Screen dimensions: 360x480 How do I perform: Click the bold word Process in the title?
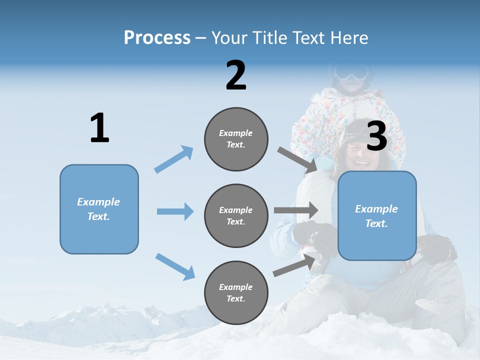tap(157, 38)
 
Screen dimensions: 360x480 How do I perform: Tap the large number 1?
tap(99, 128)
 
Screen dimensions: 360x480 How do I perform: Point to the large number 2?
tap(236, 75)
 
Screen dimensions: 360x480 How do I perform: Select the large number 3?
tap(376, 136)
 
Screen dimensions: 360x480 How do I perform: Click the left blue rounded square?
tap(99, 209)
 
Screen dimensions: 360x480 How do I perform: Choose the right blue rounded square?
tap(377, 215)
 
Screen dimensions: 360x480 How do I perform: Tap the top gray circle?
tap(236, 138)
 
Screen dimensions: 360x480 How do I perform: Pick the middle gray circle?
tap(236, 215)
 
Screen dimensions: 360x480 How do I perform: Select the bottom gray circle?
tap(236, 292)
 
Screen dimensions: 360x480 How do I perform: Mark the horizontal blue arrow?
tap(175, 211)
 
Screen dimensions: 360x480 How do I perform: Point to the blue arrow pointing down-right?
tap(175, 266)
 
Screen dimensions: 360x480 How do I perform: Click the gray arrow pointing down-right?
tap(297, 159)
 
